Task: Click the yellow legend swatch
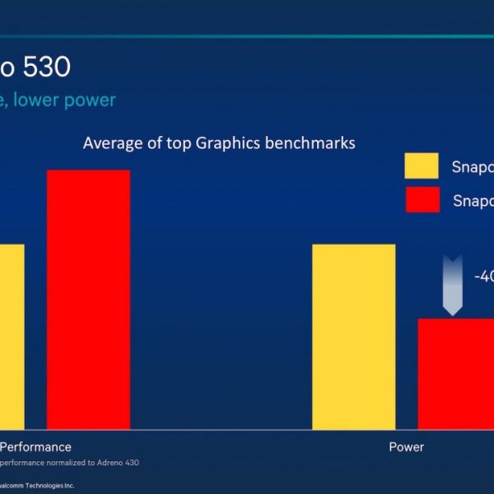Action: coord(422,166)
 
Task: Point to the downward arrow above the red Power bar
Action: coord(452,285)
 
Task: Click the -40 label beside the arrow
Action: coord(483,277)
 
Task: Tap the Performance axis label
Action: coord(35,447)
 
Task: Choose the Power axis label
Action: coord(407,447)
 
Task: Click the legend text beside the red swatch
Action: coord(473,201)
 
